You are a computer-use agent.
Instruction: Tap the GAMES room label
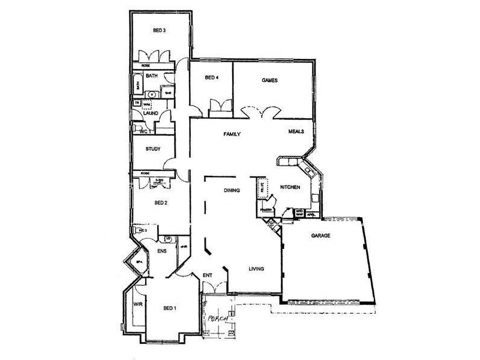point(269,80)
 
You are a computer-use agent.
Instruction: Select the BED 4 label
point(211,77)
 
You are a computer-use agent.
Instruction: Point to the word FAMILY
point(232,134)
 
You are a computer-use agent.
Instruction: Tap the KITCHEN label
point(290,188)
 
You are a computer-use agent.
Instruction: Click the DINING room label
point(232,191)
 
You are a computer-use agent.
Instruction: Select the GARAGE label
point(321,236)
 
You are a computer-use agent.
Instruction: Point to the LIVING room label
point(257,269)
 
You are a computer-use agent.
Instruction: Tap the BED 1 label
point(170,308)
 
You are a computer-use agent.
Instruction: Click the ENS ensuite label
point(161,251)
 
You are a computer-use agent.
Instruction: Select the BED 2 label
point(160,203)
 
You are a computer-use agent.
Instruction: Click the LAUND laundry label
point(150,112)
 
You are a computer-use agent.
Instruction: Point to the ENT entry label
point(208,275)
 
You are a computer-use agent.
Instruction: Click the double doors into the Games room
point(260,111)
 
